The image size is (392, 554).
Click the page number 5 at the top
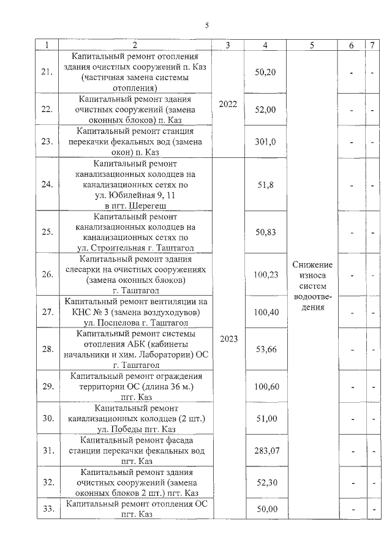coord(207,25)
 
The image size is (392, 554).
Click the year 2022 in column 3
coord(227,104)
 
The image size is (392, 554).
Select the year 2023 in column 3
coord(227,338)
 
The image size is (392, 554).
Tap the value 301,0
coord(265,141)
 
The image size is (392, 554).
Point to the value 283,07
coord(265,451)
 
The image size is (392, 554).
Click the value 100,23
coord(265,275)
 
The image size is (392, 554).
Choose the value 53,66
coord(265,349)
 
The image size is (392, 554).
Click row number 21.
coord(47,72)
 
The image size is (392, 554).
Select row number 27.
coord(47,312)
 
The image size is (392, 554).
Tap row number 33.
coord(47,509)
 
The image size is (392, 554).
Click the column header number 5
coord(312,45)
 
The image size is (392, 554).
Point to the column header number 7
coord(372,45)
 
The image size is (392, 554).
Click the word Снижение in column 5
coord(312,264)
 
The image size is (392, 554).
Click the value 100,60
coord(265,386)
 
